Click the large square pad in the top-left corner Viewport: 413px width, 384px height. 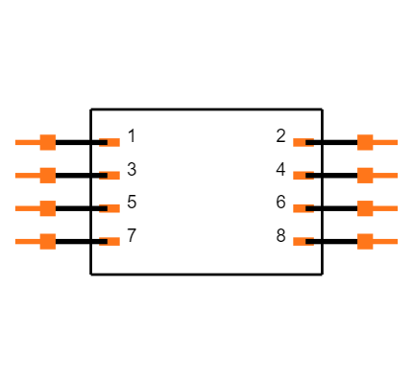click(47, 142)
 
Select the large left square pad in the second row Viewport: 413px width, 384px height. click(47, 175)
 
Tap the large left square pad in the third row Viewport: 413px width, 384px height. click(47, 208)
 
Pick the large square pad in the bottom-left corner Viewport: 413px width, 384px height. click(47, 241)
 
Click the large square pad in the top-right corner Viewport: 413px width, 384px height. click(365, 142)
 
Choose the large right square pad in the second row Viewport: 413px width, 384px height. click(365, 175)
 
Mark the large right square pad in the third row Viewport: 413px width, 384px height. click(365, 208)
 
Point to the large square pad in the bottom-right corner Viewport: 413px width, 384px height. click(365, 241)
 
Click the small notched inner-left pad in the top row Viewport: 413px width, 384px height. click(111, 142)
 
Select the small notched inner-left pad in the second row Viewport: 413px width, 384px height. click(111, 176)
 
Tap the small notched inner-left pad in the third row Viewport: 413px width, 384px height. click(111, 208)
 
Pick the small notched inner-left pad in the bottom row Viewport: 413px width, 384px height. click(111, 241)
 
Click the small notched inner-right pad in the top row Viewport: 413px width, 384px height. click(301, 142)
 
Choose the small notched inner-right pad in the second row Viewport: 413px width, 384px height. click(301, 176)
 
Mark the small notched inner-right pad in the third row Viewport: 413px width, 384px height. click(301, 208)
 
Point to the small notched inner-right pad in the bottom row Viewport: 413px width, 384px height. click(301, 241)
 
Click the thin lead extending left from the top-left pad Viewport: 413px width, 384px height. click(26, 142)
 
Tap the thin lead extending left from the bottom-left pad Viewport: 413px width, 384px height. click(26, 241)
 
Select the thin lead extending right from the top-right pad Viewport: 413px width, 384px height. click(386, 142)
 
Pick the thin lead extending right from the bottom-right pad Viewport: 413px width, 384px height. click(386, 241)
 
